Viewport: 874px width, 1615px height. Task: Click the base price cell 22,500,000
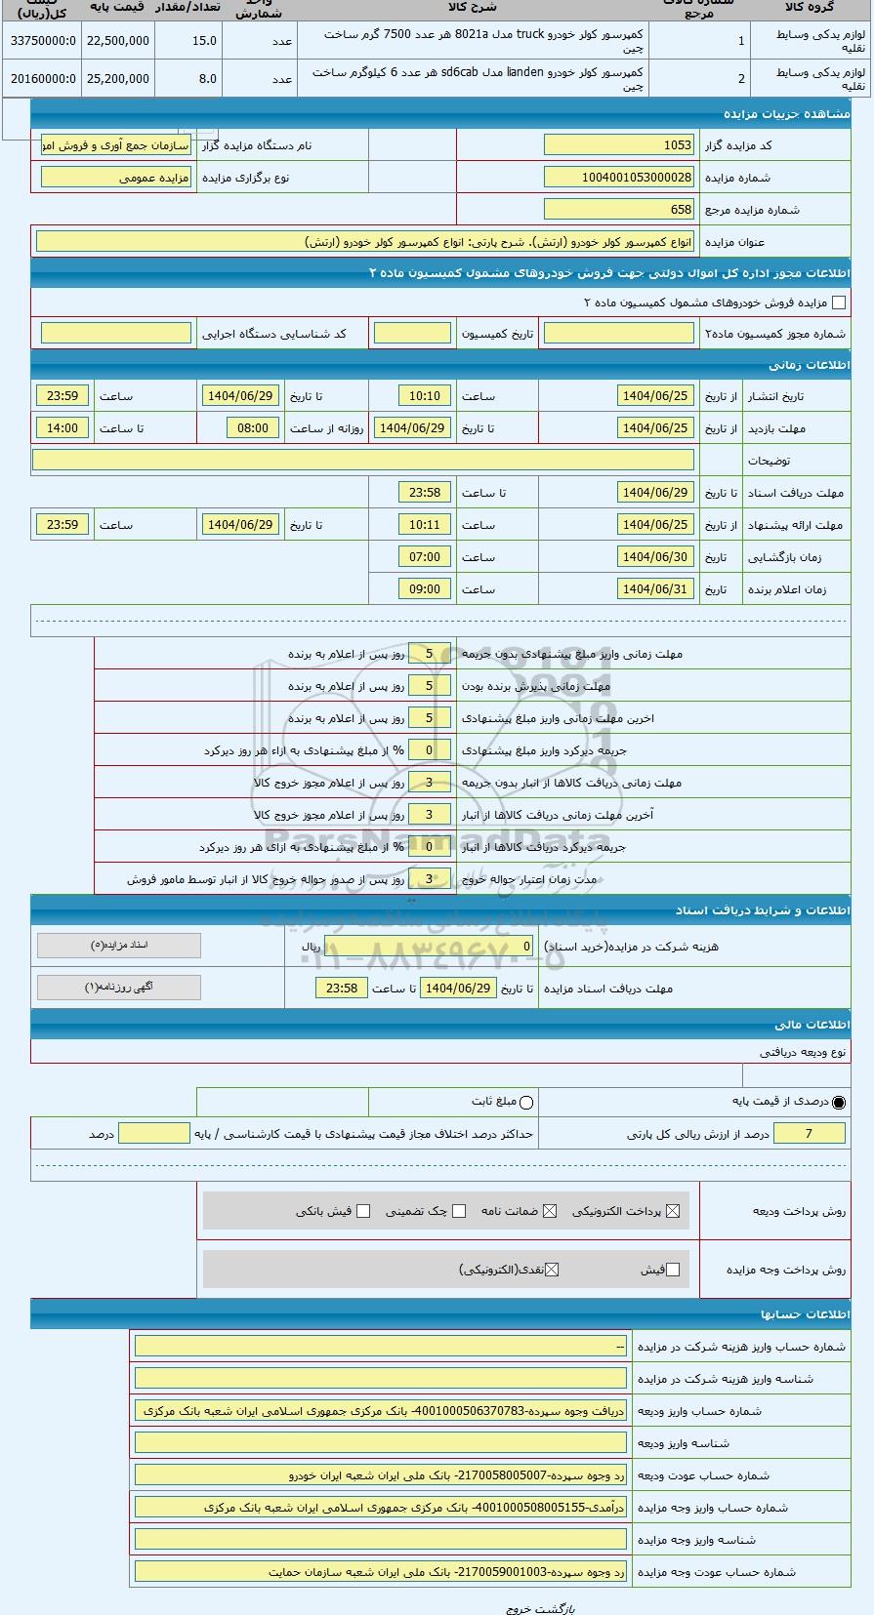pyautogui.click(x=118, y=41)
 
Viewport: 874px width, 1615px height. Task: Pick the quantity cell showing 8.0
pyautogui.click(x=187, y=79)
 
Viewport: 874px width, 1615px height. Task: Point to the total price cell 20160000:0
pyautogui.click(x=43, y=79)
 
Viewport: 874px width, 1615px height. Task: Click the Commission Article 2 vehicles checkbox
pyautogui.click(x=838, y=303)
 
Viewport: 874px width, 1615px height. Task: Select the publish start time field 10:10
pyautogui.click(x=425, y=396)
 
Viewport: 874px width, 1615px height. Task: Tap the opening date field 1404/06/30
pyautogui.click(x=655, y=557)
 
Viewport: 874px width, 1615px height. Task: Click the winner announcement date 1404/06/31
pyautogui.click(x=655, y=589)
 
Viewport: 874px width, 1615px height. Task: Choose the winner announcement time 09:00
pyautogui.click(x=425, y=589)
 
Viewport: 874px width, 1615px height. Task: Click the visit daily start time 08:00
pyautogui.click(x=253, y=428)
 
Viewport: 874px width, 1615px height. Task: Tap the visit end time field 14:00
pyautogui.click(x=62, y=428)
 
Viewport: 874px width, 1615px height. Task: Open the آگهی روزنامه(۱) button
pyautogui.click(x=119, y=988)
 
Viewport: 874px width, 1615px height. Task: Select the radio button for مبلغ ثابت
pyautogui.click(x=527, y=1103)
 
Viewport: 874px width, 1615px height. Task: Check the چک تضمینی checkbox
pyautogui.click(x=460, y=1211)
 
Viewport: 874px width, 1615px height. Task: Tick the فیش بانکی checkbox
pyautogui.click(x=363, y=1211)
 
